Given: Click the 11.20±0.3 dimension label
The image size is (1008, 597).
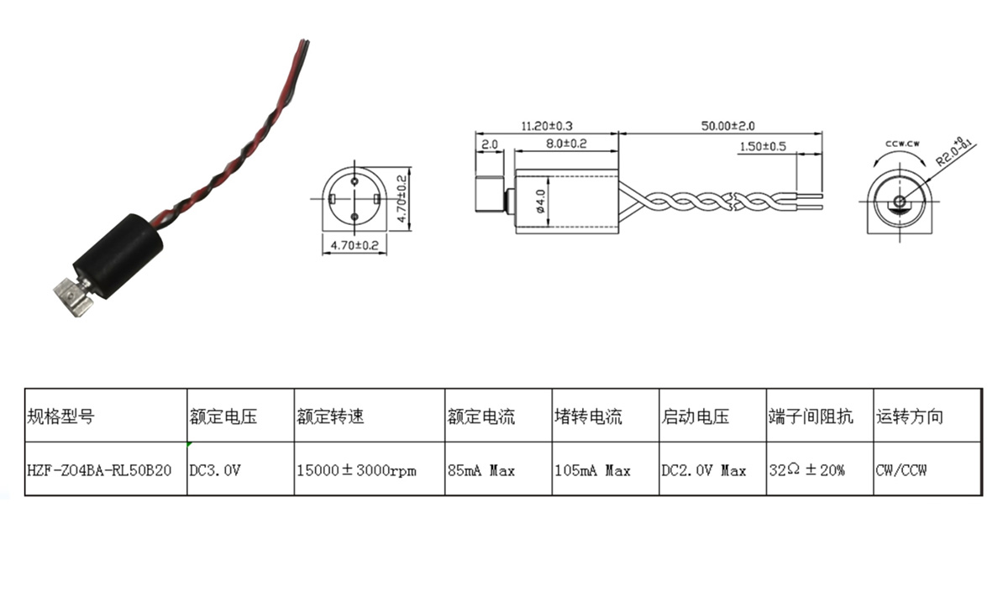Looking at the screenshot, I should point(547,126).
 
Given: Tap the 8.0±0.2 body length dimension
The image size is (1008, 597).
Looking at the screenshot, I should point(565,144).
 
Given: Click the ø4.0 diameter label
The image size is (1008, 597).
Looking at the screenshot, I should point(541,202).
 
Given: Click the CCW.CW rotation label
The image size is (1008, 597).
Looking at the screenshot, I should point(900,144).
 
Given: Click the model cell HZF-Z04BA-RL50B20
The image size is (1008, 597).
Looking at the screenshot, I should point(100,470).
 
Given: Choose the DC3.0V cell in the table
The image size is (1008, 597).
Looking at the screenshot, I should point(216,470).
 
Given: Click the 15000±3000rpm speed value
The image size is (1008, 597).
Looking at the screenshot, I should point(356,470).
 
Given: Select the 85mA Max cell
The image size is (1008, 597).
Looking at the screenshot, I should point(481,470).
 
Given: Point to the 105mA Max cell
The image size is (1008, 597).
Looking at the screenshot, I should point(592,470).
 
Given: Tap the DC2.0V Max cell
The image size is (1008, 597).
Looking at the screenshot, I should point(704,470).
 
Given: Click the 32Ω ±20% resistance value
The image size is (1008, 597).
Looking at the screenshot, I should point(807,470).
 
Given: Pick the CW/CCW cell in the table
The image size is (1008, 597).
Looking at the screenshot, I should point(901,470).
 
